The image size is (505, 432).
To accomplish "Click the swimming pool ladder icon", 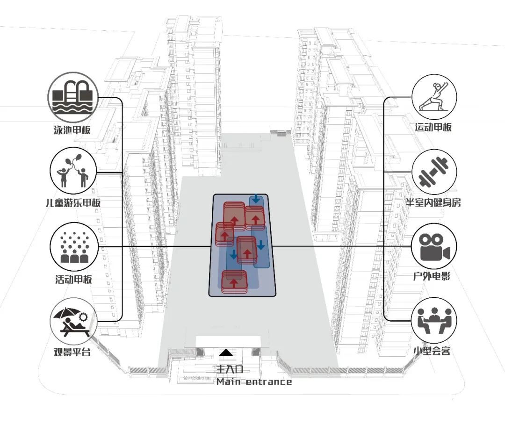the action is tap(73, 97).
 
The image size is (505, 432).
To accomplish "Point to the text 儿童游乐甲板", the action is tap(74, 203).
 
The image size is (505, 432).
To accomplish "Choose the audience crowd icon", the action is tap(73, 246).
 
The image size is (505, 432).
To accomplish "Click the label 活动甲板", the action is tap(73, 280).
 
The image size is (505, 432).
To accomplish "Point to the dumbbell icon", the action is tap(433, 171).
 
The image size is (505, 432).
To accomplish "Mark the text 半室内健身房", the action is tap(433, 202).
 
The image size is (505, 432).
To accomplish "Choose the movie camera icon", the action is tap(433, 247).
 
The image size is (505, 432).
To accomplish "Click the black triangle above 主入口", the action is tap(226, 353).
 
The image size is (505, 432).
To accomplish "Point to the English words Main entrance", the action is tap(254, 382).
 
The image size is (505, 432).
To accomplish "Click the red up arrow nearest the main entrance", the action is tap(234, 283).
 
